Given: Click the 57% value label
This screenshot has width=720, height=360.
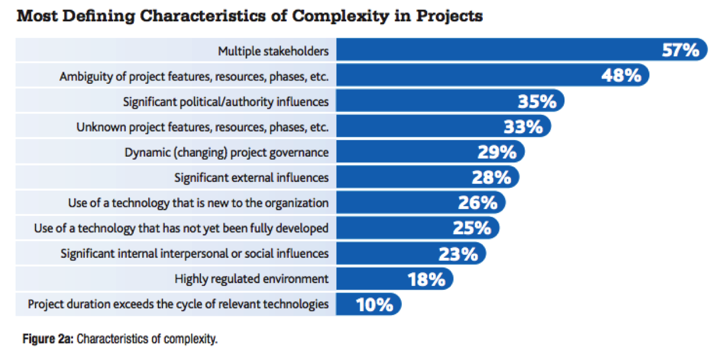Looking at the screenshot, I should click(680, 51).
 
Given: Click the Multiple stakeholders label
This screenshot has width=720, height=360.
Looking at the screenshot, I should click(273, 51).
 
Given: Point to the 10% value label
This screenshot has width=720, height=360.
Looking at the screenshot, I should click(374, 304).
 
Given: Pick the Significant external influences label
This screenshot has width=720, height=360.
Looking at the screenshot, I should click(251, 178).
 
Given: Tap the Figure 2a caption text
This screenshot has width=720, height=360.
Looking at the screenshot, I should click(120, 339).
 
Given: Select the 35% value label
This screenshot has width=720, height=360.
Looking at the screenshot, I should click(537, 102).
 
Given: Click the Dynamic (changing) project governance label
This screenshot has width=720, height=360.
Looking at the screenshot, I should click(227, 153).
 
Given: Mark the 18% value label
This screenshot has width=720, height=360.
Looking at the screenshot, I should click(427, 279).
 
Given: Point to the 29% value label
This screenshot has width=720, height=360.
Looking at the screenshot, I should click(497, 153).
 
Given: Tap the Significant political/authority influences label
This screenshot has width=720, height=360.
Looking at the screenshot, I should click(226, 102).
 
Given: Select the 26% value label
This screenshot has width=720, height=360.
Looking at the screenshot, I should click(478, 203).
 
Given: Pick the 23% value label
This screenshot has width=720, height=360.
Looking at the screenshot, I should click(458, 254).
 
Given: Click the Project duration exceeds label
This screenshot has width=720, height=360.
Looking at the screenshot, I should click(178, 304).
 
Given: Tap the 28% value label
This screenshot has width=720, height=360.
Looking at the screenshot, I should click(491, 178).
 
